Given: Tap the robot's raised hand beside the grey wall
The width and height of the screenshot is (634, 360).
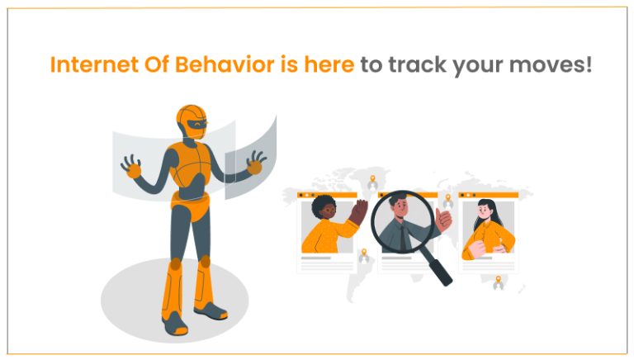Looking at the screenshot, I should (131, 166).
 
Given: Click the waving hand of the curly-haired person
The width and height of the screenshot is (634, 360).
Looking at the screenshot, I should (357, 214).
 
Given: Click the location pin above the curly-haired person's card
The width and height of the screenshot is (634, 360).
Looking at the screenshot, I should (371, 180).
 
